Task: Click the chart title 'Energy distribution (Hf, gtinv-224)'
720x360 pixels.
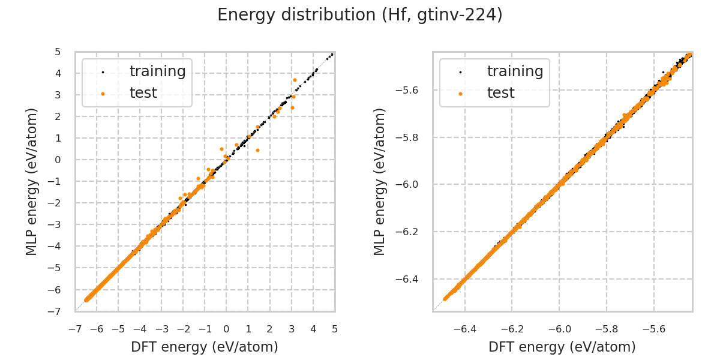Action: pos(360,15)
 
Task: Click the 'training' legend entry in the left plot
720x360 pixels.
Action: pos(157,71)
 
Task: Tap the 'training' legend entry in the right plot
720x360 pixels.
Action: pos(515,71)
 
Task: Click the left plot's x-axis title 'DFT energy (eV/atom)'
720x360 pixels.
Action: pos(205,347)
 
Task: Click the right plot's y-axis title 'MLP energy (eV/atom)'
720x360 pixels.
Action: pos(380,182)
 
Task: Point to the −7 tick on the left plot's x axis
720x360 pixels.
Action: pos(75,329)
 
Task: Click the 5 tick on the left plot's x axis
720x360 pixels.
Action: pos(335,329)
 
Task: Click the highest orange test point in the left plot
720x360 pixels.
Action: pos(295,80)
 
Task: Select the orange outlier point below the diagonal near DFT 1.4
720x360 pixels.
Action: pos(257,150)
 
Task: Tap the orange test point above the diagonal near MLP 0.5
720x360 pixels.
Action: pos(221,149)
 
